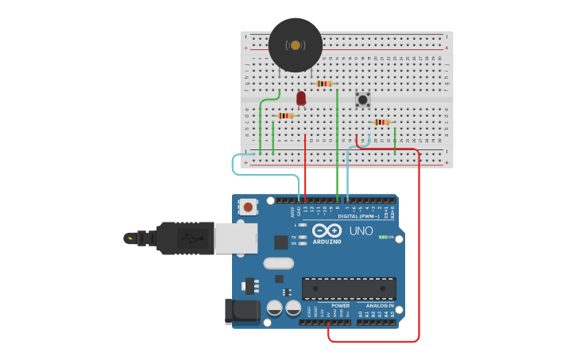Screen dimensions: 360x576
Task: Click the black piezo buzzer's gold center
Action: (x=296, y=45)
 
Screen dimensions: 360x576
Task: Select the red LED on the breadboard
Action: (x=301, y=98)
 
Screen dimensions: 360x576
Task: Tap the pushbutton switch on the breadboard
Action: (x=363, y=99)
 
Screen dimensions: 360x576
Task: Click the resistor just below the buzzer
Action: (x=323, y=83)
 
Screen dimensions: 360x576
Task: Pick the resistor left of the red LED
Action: (x=285, y=116)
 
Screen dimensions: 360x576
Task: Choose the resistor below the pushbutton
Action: (x=382, y=122)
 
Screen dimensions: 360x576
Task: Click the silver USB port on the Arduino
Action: (x=234, y=238)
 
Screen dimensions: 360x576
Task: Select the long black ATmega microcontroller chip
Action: (x=349, y=288)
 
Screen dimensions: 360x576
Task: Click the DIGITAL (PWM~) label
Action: (x=358, y=216)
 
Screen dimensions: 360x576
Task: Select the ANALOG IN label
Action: (x=380, y=305)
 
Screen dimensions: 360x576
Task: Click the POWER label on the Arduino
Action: (x=340, y=305)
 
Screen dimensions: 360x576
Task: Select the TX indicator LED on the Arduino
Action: (x=303, y=237)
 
